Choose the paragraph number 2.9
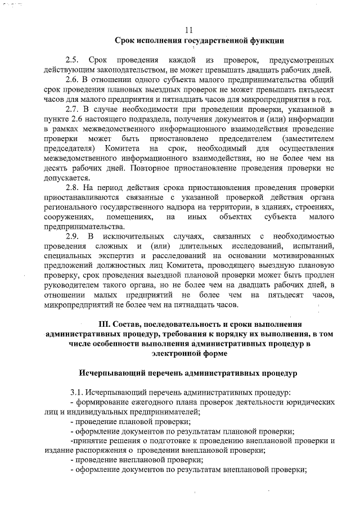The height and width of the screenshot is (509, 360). tap(73, 236)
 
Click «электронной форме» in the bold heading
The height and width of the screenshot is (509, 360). tap(189, 354)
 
